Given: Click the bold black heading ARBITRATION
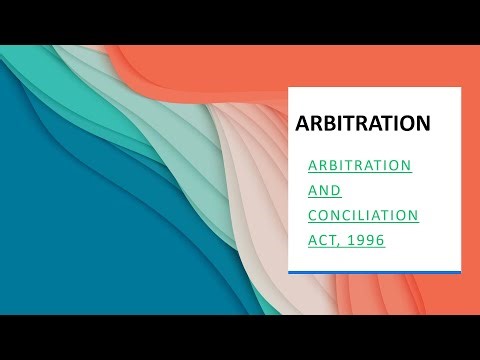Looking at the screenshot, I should [363, 124].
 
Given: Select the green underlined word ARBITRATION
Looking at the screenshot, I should [359, 163].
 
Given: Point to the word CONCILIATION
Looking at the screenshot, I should [362, 215].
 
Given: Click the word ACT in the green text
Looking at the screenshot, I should [321, 241].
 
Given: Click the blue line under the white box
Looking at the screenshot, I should [374, 271].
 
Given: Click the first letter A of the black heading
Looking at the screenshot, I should [302, 124].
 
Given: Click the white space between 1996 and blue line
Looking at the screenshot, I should [374, 258].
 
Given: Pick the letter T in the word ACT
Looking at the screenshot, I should [333, 241].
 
